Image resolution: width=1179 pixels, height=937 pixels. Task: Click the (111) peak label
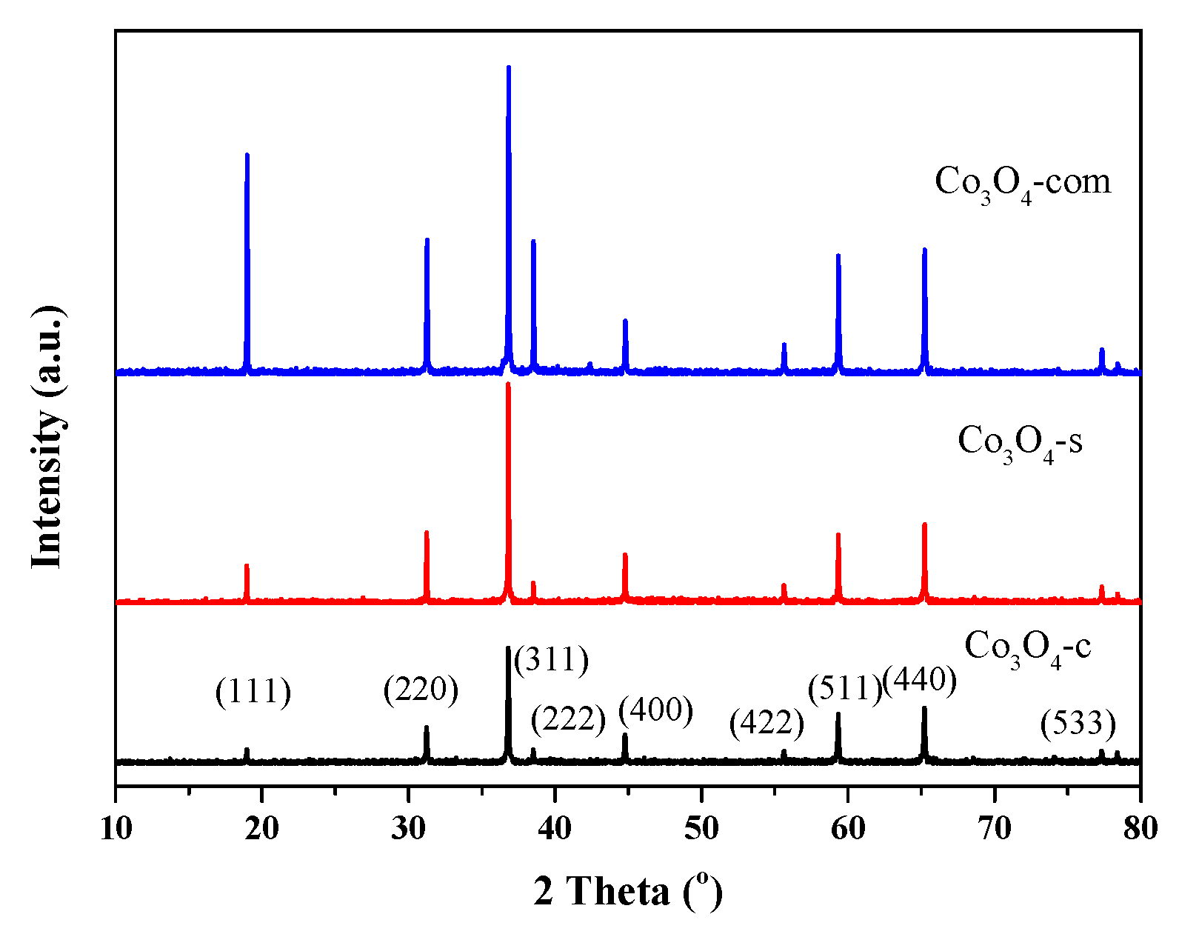click(253, 693)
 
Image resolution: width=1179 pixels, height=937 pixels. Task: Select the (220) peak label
click(421, 690)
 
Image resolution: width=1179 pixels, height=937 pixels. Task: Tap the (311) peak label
click(552, 659)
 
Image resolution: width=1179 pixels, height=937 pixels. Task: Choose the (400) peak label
click(655, 710)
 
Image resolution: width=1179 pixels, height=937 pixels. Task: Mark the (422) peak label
click(766, 722)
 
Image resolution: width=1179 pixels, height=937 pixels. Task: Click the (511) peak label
click(845, 689)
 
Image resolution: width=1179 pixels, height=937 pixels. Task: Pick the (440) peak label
click(920, 678)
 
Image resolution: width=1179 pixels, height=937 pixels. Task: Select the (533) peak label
click(1078, 722)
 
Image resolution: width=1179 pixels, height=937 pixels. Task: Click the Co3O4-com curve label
click(1023, 182)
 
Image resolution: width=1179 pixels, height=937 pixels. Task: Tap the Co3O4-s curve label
click(1020, 441)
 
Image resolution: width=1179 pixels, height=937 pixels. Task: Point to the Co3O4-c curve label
click(1027, 647)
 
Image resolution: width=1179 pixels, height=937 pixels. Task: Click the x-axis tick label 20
click(262, 828)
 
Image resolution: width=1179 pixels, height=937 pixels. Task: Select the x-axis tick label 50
click(701, 828)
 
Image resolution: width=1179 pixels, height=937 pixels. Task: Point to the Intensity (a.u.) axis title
click(47, 437)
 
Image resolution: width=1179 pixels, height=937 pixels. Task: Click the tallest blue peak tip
click(508, 67)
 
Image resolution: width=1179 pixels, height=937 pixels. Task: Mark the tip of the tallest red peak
click(508, 384)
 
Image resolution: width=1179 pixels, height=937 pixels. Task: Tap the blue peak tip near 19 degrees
click(247, 155)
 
